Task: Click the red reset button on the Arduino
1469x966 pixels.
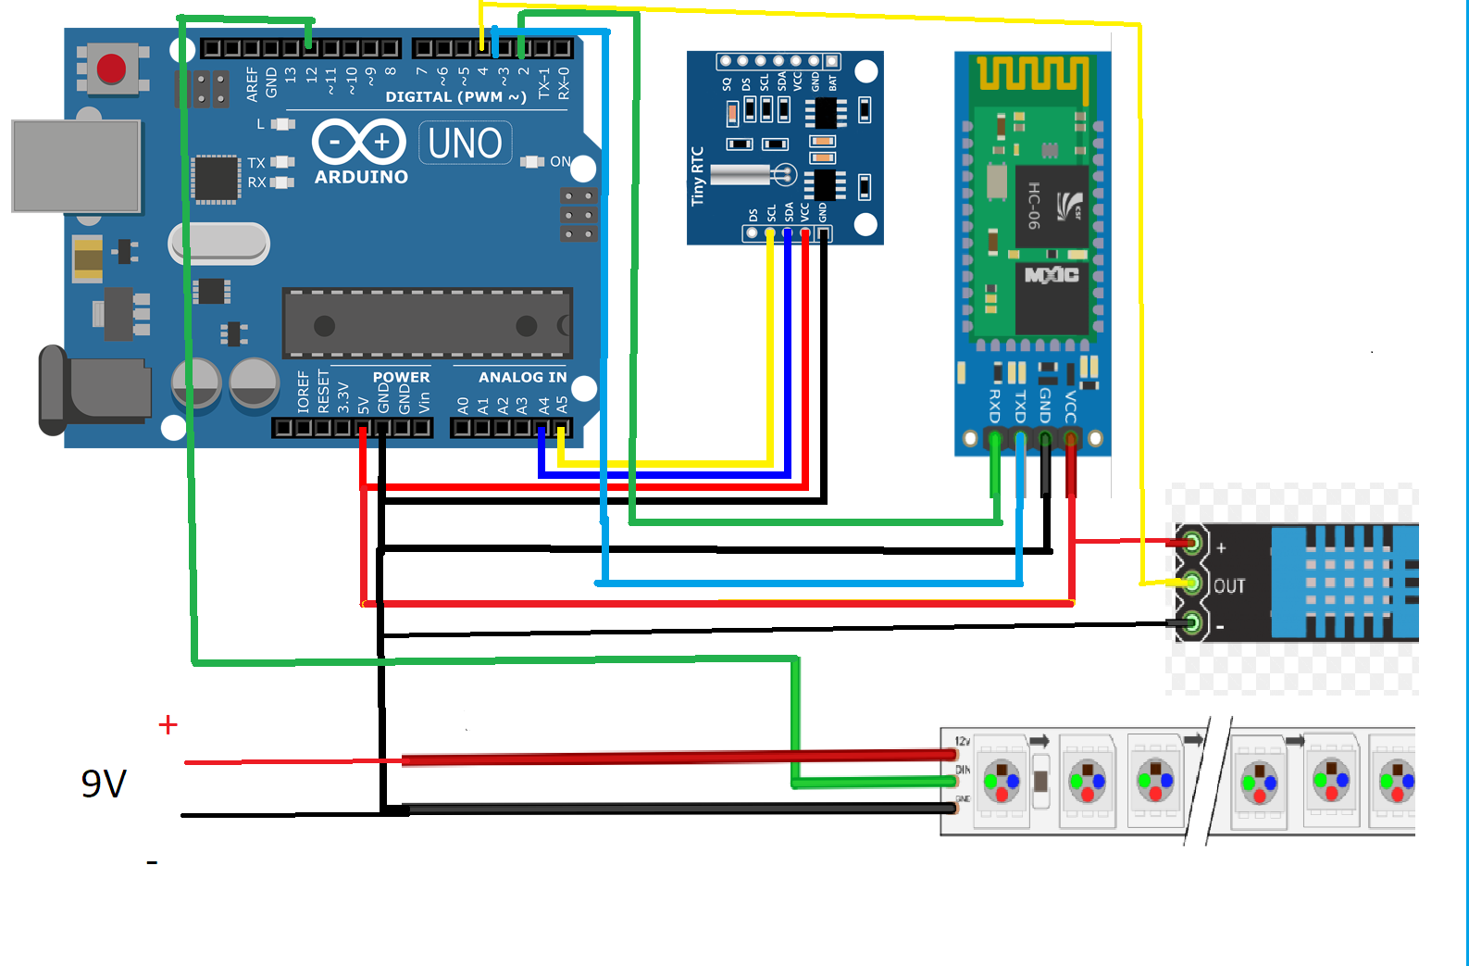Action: click(x=111, y=69)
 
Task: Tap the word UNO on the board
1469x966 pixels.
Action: click(x=465, y=144)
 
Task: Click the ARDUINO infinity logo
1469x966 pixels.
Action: click(x=359, y=143)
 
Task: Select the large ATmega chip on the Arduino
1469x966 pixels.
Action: click(x=427, y=323)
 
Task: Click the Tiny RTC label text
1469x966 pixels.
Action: click(x=698, y=176)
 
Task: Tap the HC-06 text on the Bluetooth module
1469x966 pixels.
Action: click(x=1034, y=205)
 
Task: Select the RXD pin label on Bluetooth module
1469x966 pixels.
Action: click(x=995, y=406)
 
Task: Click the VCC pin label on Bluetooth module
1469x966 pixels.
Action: click(x=1071, y=406)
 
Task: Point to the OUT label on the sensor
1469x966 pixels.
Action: click(x=1229, y=586)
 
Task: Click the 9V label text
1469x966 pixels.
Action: click(x=103, y=784)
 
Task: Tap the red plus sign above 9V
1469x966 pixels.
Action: click(x=168, y=724)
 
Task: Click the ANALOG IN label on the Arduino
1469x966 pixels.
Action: click(x=522, y=377)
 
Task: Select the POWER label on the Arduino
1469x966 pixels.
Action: click(x=401, y=377)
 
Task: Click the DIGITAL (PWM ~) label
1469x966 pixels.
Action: click(x=455, y=96)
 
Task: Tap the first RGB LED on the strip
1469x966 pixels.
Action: click(x=1001, y=781)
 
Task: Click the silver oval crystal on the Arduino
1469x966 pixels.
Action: click(x=219, y=244)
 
